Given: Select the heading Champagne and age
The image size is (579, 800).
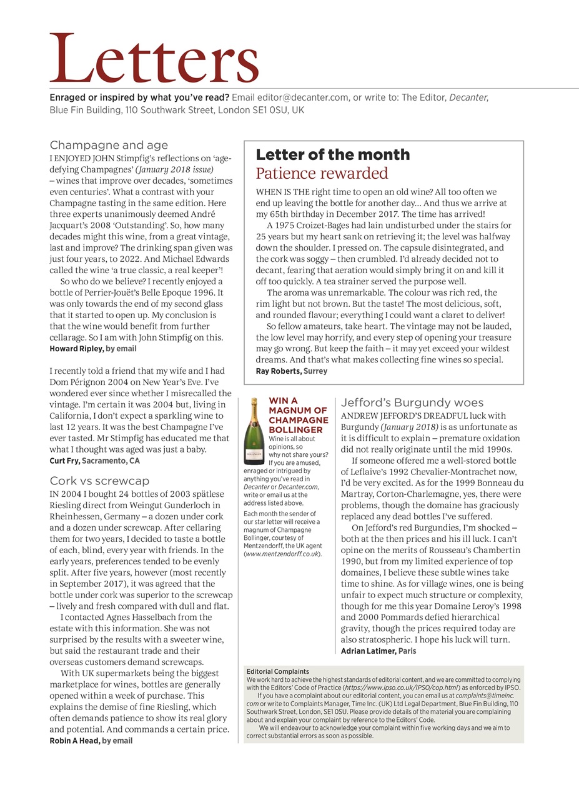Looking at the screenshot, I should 109,145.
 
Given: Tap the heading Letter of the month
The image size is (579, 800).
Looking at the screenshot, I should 333,154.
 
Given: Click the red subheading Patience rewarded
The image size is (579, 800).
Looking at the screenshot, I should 322,173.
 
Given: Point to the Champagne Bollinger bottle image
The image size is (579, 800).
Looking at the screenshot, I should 254,431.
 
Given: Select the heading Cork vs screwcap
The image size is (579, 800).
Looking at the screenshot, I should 99,481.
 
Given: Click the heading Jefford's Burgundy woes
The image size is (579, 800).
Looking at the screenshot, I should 412,403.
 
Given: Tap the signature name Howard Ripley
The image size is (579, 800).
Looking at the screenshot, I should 76,349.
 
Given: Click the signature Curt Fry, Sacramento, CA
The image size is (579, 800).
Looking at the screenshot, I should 94,461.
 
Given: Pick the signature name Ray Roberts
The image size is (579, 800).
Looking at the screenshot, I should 278,371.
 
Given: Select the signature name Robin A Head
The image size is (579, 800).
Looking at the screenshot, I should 74,741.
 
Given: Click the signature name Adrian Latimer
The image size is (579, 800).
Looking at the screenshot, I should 368,651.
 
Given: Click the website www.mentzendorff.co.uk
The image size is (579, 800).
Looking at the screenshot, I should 282,554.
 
